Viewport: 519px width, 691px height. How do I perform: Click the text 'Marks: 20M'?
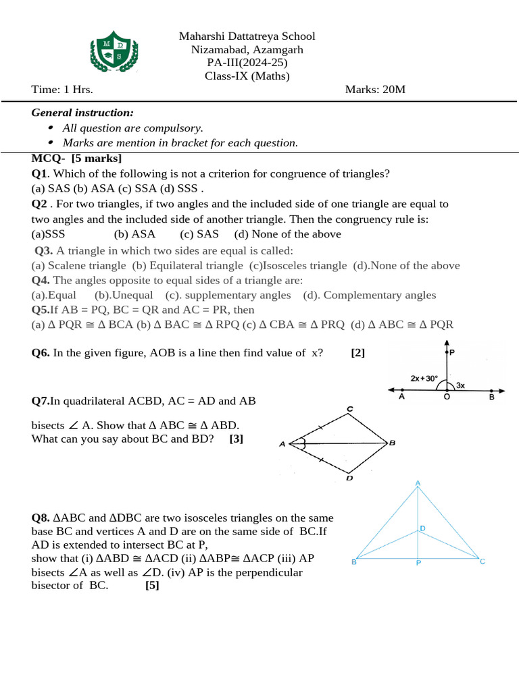375,90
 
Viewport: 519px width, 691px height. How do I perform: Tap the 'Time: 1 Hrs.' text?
62,90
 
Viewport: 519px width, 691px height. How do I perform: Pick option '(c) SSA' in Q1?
157,188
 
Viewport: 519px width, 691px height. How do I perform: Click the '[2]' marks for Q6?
358,352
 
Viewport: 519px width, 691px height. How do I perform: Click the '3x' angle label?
460,385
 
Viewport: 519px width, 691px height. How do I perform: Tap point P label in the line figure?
452,352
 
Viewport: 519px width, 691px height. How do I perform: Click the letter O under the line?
446,398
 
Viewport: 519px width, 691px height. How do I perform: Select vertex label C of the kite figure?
349,409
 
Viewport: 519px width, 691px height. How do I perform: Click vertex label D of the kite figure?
349,478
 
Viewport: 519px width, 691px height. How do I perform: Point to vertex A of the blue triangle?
418,482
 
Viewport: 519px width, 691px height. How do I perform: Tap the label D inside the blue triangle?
423,528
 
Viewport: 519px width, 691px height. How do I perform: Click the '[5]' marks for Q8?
152,586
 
